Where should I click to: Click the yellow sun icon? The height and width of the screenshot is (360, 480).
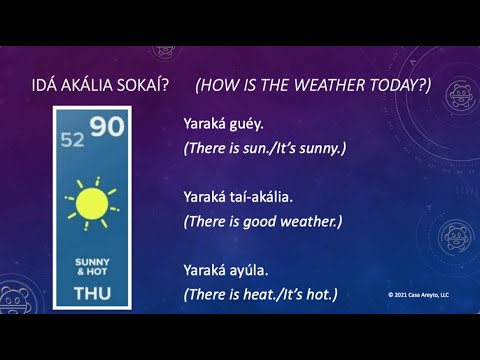(x=92, y=203)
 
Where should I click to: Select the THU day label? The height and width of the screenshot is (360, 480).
(x=92, y=294)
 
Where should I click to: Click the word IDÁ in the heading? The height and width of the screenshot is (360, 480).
(x=47, y=87)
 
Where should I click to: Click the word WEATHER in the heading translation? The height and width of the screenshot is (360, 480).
(x=316, y=87)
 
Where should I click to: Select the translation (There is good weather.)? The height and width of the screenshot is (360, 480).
(x=263, y=221)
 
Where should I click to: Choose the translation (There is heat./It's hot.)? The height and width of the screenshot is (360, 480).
(x=260, y=294)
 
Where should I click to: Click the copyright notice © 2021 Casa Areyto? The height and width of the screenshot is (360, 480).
(x=418, y=295)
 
